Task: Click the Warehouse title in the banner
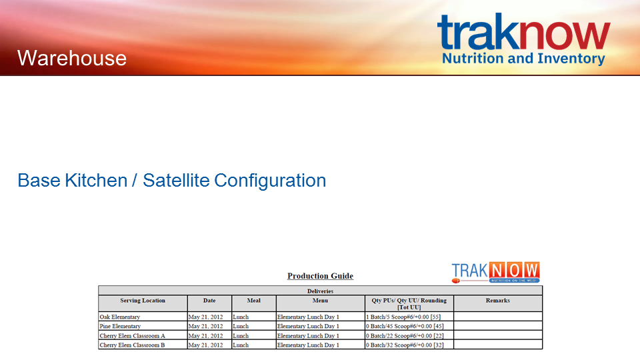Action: (x=72, y=58)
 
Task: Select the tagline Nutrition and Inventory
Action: (x=523, y=59)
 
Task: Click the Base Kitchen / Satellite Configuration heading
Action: (x=172, y=181)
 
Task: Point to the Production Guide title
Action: (x=321, y=276)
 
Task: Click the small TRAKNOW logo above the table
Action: (x=495, y=272)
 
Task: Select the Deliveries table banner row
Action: (x=321, y=291)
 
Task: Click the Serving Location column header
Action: (x=143, y=301)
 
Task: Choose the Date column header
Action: (x=209, y=301)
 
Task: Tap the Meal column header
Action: (x=254, y=301)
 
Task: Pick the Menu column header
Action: (x=321, y=301)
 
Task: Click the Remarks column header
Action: (x=498, y=301)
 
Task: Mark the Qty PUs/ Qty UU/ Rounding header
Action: (x=409, y=304)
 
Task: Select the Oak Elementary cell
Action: (x=143, y=317)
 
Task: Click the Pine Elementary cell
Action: (x=143, y=326)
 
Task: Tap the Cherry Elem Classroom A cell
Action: (x=143, y=335)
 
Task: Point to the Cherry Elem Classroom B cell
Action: (x=143, y=345)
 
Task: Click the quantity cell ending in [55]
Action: (x=409, y=317)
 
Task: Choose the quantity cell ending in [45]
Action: (x=409, y=326)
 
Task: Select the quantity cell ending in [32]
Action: (x=409, y=345)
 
